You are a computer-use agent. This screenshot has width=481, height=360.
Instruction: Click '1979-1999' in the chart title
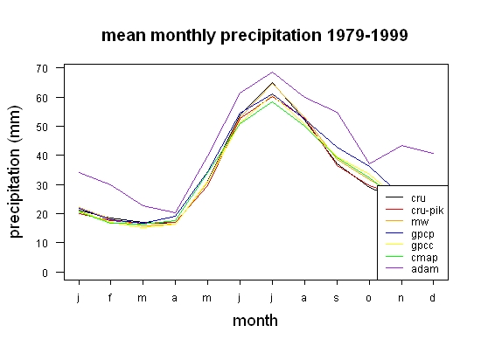click(x=367, y=35)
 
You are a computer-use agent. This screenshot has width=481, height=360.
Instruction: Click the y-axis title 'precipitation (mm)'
click(x=15, y=172)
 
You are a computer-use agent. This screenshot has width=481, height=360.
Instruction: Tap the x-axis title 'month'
click(x=255, y=321)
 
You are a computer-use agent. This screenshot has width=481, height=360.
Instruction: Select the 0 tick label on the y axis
click(x=45, y=273)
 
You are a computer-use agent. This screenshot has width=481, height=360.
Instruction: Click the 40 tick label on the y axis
click(x=42, y=156)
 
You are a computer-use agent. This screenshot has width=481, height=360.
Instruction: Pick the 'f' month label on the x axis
click(x=110, y=297)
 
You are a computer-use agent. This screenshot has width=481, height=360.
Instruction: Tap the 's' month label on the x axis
click(x=337, y=298)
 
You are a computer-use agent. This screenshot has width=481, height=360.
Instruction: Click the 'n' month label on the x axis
click(x=401, y=298)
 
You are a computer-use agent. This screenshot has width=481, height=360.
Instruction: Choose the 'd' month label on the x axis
click(x=433, y=297)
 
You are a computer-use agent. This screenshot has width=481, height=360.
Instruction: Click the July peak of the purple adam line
click(x=272, y=73)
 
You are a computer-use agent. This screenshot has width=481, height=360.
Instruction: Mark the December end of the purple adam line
click(x=433, y=153)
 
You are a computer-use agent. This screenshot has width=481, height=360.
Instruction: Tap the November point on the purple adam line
click(x=401, y=146)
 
